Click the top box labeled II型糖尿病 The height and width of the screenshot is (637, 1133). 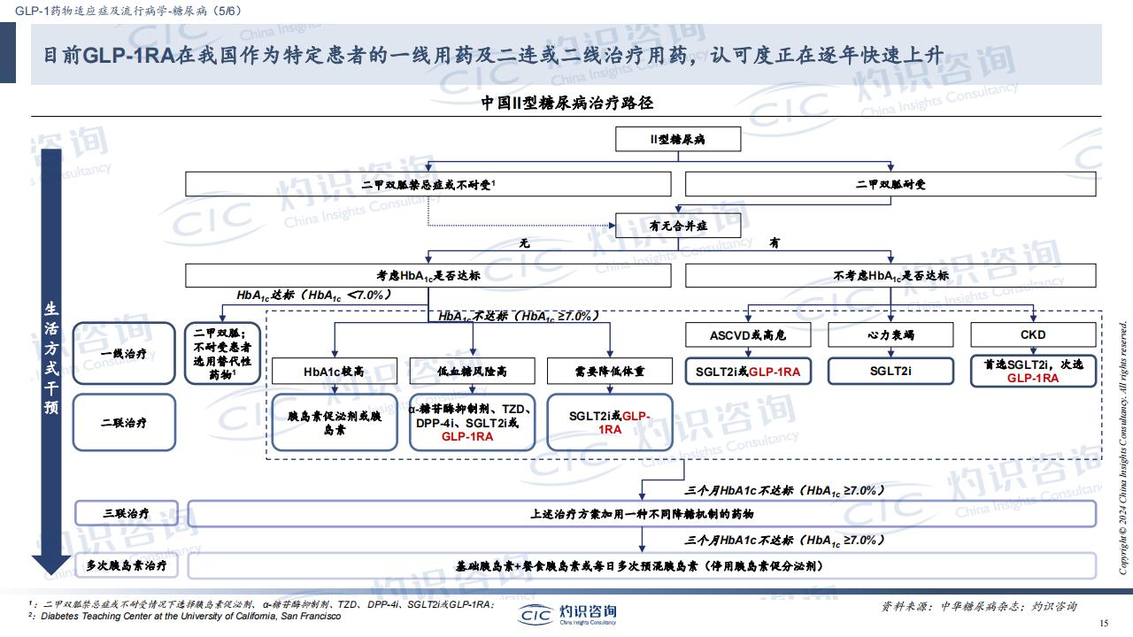pyautogui.click(x=678, y=139)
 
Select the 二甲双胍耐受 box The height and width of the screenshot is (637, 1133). pyautogui.click(x=890, y=184)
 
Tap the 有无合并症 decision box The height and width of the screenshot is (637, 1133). pyautogui.click(x=678, y=226)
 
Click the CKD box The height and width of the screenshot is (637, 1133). pyautogui.click(x=1033, y=334)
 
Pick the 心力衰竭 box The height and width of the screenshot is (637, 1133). pyautogui.click(x=890, y=334)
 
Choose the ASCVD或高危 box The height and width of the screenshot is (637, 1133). pyautogui.click(x=748, y=334)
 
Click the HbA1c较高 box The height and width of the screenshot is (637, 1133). pyautogui.click(x=335, y=371)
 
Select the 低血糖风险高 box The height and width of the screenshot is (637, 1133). pyautogui.click(x=472, y=371)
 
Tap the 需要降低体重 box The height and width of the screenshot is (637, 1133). pyautogui.click(x=610, y=371)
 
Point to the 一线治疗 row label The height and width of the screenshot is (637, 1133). pyautogui.click(x=124, y=353)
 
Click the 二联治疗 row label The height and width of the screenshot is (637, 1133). pyautogui.click(x=124, y=422)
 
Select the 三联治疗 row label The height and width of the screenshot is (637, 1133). pyautogui.click(x=127, y=513)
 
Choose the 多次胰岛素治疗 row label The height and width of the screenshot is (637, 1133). pyautogui.click(x=127, y=565)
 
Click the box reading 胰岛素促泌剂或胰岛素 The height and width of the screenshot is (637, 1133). pyautogui.click(x=335, y=422)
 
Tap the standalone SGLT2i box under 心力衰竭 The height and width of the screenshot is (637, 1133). pyautogui.click(x=890, y=371)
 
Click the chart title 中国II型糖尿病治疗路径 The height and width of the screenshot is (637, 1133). pyautogui.click(x=566, y=103)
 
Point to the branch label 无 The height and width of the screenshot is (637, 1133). pyautogui.click(x=525, y=243)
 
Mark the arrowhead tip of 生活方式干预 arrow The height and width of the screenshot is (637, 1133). pyautogui.click(x=51, y=575)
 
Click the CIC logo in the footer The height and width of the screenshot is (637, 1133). pyautogui.click(x=536, y=615)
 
